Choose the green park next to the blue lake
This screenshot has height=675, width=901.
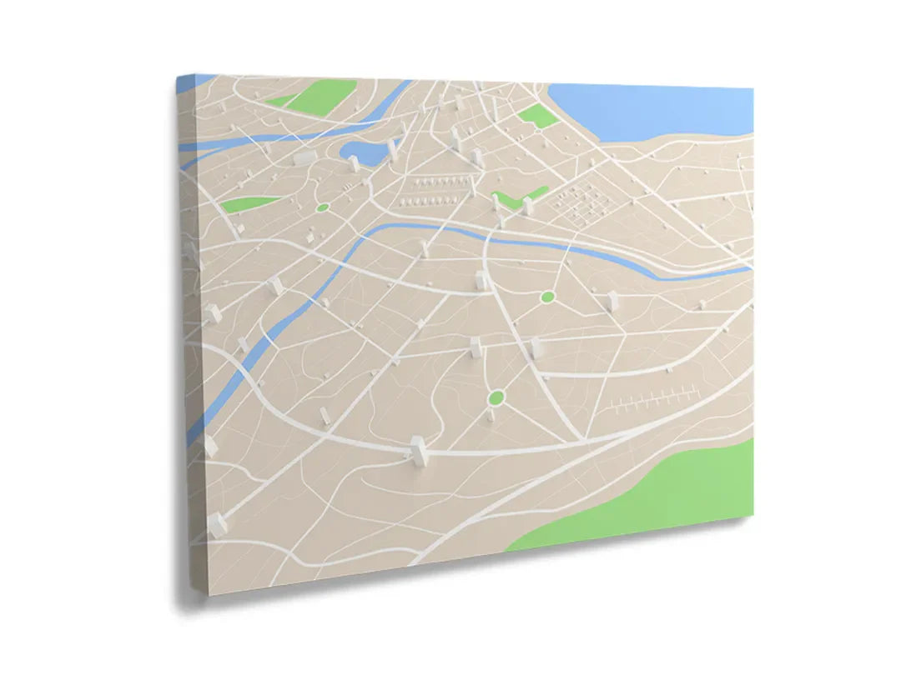tap(538, 115)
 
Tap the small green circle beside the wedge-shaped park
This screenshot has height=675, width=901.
tap(323, 207)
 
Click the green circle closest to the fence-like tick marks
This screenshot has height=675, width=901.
tap(496, 397)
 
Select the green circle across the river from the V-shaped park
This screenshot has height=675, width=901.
tap(547, 297)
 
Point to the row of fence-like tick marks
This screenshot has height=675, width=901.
tap(651, 402)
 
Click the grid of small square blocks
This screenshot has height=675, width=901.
tap(584, 202)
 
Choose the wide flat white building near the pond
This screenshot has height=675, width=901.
tap(305, 157)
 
